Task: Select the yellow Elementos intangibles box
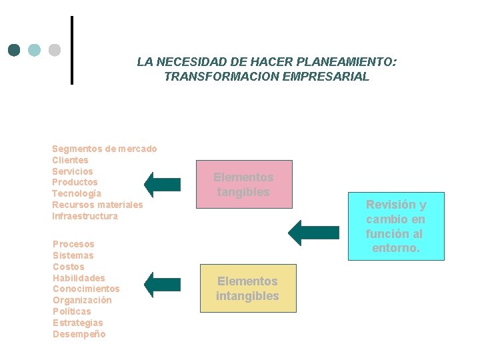pyautogui.click(x=247, y=289)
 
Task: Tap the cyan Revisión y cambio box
pyautogui.click(x=395, y=226)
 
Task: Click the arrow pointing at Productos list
pyautogui.click(x=163, y=185)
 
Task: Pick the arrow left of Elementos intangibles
pyautogui.click(x=163, y=285)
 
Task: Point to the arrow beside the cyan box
pyautogui.click(x=313, y=233)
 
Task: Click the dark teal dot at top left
pyautogui.click(x=15, y=50)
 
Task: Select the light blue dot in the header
pyautogui.click(x=35, y=50)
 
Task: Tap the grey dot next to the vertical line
pyautogui.click(x=55, y=50)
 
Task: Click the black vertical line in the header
pyautogui.click(x=71, y=50)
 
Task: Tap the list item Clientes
pyautogui.click(x=70, y=160)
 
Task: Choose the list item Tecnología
pyautogui.click(x=77, y=193)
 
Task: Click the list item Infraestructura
pyautogui.click(x=85, y=216)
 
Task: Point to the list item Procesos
pyautogui.click(x=73, y=244)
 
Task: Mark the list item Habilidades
pyautogui.click(x=79, y=278)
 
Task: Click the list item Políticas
pyautogui.click(x=72, y=311)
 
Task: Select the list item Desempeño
pyautogui.click(x=79, y=334)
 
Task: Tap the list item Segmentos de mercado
pyautogui.click(x=105, y=149)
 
